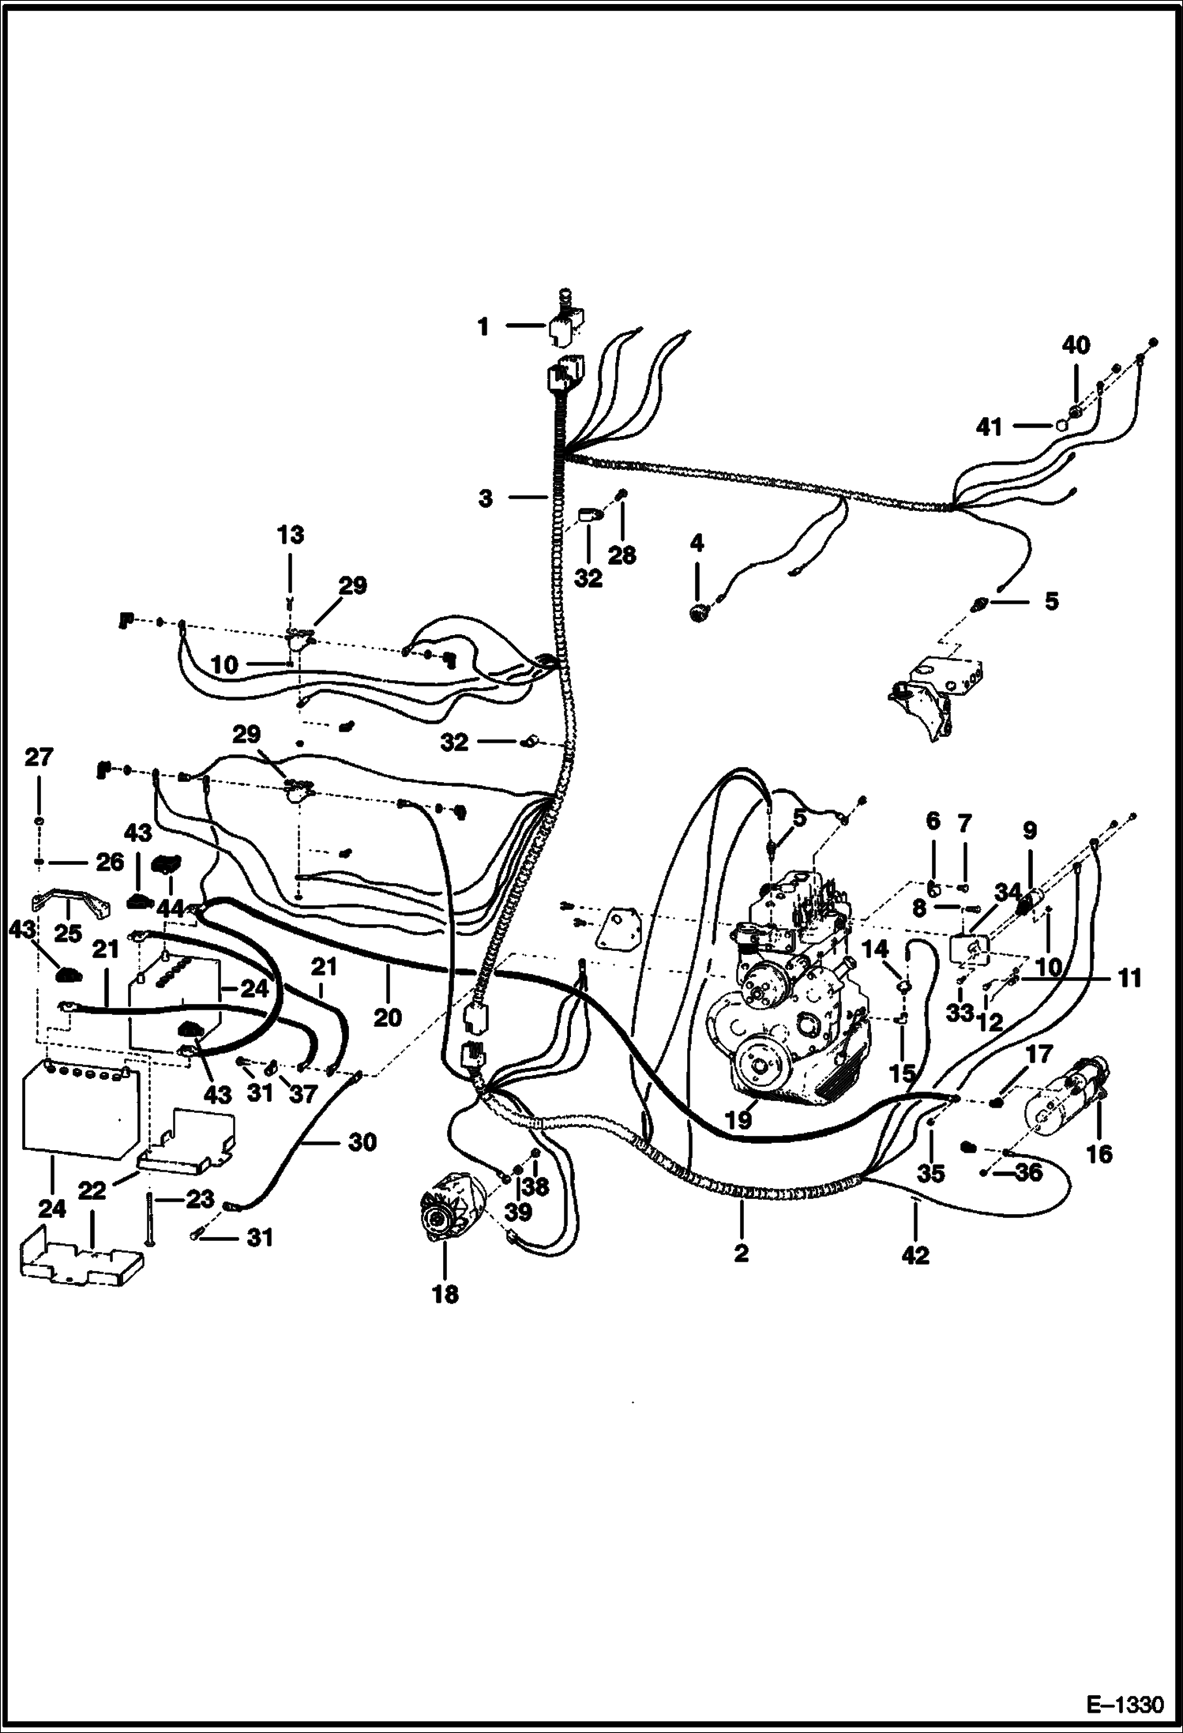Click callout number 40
coord(1076,345)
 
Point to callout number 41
coord(989,427)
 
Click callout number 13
coord(290,535)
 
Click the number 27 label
coord(39,757)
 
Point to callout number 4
coord(697,543)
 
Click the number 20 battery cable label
coord(387,1018)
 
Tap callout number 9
coord(1029,831)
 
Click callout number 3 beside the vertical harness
coord(485,498)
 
